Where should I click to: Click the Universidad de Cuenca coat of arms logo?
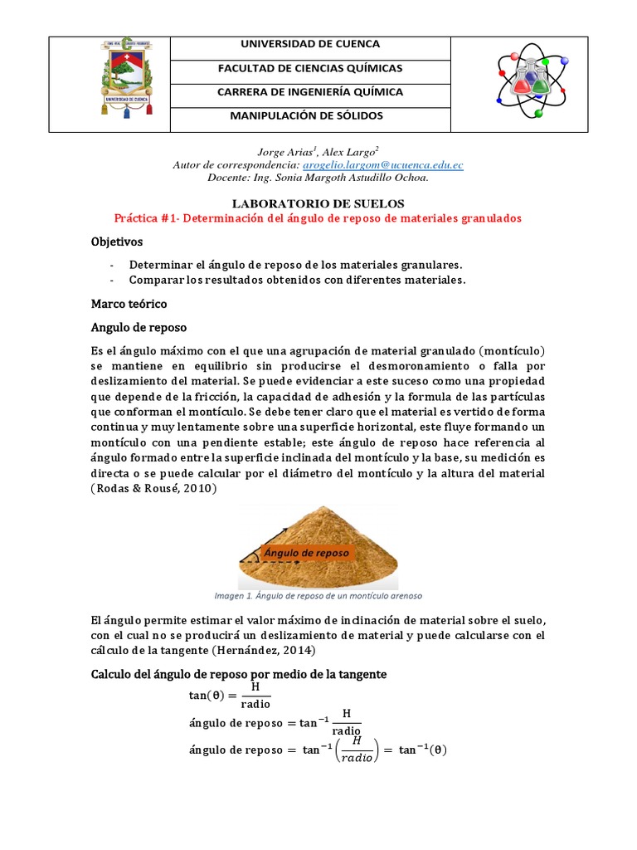tap(109, 84)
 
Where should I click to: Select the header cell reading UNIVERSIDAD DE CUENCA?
tap(310, 44)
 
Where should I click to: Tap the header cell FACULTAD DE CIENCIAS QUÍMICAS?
tap(310, 68)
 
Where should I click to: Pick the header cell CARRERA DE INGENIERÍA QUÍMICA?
tap(310, 92)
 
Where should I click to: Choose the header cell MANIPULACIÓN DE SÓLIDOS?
tap(310, 116)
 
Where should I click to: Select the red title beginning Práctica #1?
tap(318, 218)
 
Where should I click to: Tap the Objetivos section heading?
tap(117, 242)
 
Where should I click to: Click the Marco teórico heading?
tap(129, 304)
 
